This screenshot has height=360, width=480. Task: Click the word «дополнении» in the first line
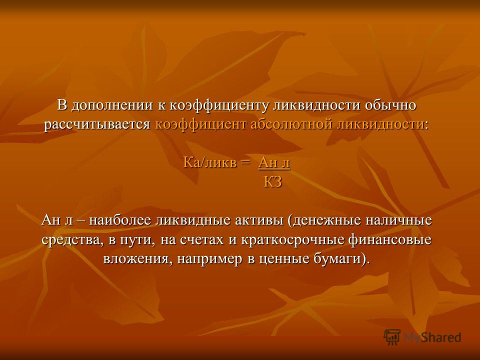click(112, 106)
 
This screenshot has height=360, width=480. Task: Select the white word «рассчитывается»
click(97, 125)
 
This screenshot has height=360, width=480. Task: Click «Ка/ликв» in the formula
click(210, 163)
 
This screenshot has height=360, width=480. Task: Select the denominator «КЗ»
click(273, 182)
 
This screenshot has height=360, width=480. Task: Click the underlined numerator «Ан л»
click(274, 163)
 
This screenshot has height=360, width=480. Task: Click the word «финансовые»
click(389, 240)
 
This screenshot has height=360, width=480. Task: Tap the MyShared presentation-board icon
click(392, 337)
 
